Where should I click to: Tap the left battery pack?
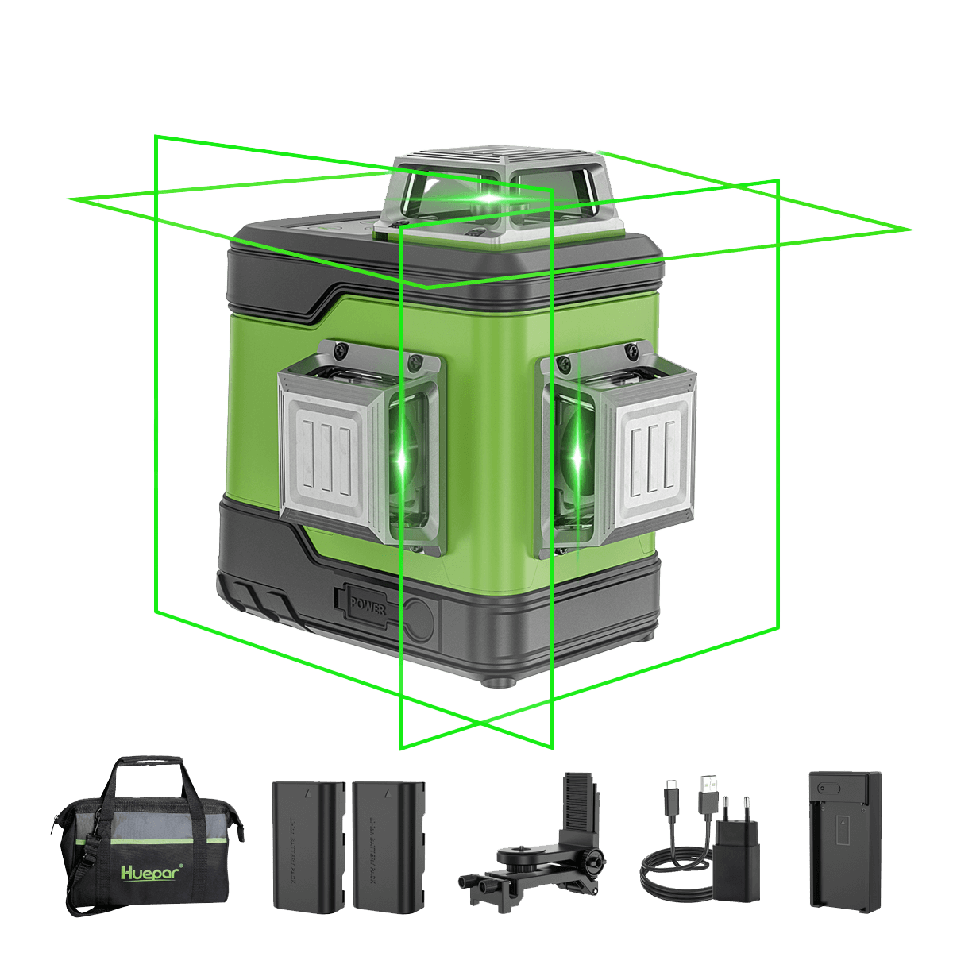point(309,845)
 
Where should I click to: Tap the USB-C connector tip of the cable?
point(670,787)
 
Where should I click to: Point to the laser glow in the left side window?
point(403,460)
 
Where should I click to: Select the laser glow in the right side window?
point(577,457)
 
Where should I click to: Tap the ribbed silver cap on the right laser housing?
point(654,452)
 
